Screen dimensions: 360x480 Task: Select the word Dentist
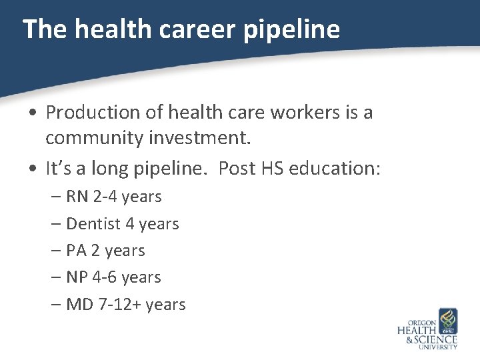(x=93, y=224)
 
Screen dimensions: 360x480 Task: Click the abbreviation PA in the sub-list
(x=76, y=251)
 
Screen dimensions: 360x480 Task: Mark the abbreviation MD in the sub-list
(x=79, y=305)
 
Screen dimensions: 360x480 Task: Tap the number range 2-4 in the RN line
(x=109, y=197)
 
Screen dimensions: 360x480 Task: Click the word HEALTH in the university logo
(x=417, y=330)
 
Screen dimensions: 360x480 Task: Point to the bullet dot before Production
(x=33, y=113)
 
